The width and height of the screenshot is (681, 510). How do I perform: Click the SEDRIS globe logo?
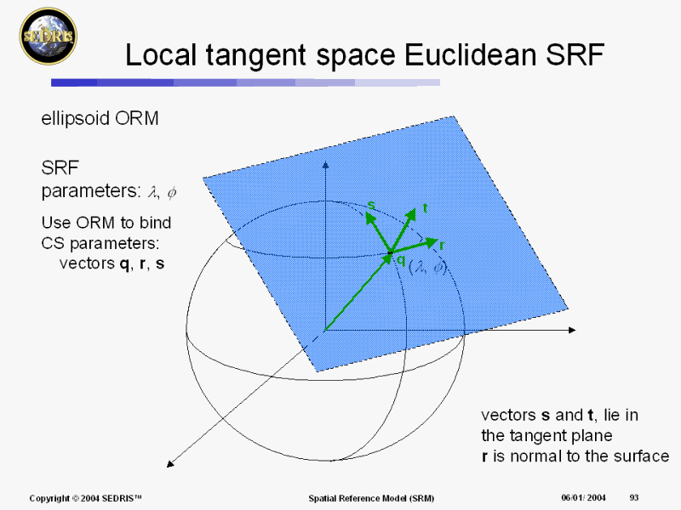tap(49, 36)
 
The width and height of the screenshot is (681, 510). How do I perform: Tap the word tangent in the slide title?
tap(256, 56)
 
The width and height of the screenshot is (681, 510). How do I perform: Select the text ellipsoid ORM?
tap(100, 118)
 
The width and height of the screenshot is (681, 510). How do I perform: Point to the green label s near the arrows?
tap(371, 205)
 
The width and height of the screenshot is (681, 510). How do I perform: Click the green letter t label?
tap(425, 208)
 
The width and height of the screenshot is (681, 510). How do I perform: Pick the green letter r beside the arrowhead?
tap(442, 246)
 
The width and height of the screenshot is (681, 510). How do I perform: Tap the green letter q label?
tap(401, 260)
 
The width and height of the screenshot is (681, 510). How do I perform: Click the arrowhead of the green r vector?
tap(432, 242)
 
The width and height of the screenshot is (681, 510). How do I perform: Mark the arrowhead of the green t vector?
tap(410, 215)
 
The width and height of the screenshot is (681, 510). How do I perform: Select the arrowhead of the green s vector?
tap(370, 218)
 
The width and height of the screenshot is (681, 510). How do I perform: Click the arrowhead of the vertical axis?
tap(326, 165)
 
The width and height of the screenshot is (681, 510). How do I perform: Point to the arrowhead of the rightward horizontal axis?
tap(572, 330)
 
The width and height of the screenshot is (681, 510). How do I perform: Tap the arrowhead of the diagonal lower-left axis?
tap(171, 463)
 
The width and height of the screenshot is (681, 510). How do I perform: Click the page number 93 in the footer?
tap(634, 497)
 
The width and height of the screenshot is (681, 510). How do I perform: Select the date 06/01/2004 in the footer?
tap(583, 497)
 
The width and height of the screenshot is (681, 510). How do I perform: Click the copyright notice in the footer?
tap(86, 498)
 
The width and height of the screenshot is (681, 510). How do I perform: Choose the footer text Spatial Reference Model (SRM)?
tap(371, 498)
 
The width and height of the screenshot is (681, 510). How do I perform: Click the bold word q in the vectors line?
tap(124, 263)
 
